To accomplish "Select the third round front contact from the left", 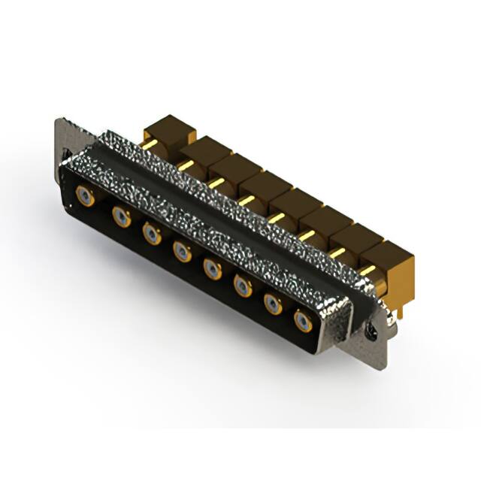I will [x=152, y=234].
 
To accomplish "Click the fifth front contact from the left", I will [x=213, y=268].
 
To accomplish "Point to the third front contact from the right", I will [x=243, y=286].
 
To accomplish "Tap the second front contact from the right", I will [x=273, y=303].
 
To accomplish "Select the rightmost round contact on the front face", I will [x=303, y=321].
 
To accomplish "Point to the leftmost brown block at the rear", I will [x=169, y=129].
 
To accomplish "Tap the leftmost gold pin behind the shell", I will [x=150, y=144].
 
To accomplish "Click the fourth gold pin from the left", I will [x=246, y=199].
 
